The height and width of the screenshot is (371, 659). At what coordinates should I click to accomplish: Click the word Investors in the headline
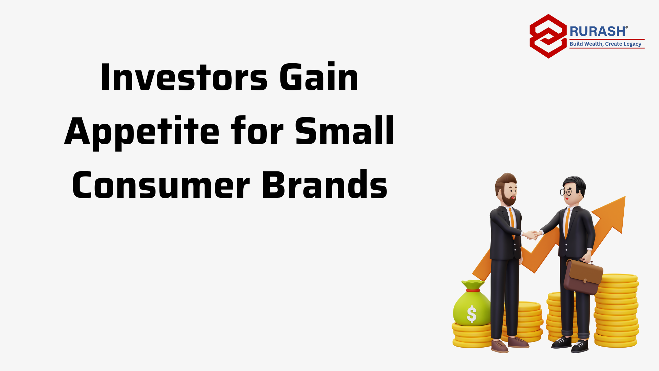coord(184,77)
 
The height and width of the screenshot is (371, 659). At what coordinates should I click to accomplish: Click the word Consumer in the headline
coord(161,185)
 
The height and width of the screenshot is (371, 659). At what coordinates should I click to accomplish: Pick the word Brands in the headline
coord(325,184)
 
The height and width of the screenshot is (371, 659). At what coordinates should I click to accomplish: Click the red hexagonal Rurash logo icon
coord(548,36)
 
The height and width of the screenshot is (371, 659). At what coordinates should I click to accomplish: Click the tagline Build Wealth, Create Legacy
coord(605,44)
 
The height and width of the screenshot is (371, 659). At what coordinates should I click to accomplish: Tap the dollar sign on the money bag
coord(472,314)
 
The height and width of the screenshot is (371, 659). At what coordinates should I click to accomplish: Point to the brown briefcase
coord(583,276)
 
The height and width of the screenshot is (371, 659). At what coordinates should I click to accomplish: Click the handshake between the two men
coord(532,235)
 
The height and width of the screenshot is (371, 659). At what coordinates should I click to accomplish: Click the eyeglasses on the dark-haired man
coord(566,192)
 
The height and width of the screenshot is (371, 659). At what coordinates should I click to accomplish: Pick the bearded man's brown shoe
coord(500,346)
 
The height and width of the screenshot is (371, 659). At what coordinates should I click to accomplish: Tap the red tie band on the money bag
coord(473,290)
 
